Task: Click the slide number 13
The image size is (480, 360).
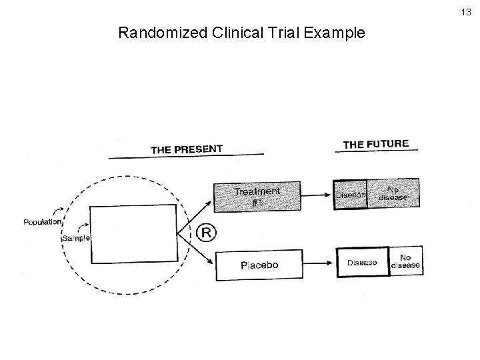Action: click(x=466, y=11)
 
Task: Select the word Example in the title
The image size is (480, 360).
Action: click(x=335, y=32)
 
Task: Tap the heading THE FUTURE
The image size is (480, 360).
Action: click(x=375, y=143)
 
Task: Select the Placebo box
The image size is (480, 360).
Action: click(x=259, y=265)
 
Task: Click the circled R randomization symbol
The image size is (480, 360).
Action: click(x=207, y=233)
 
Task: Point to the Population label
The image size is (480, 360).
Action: click(x=43, y=222)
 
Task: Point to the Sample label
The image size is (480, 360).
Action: click(x=75, y=238)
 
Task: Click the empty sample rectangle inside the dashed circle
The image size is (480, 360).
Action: click(x=134, y=233)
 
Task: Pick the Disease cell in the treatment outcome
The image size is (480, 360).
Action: click(x=350, y=195)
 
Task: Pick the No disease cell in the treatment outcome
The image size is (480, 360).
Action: click(x=393, y=193)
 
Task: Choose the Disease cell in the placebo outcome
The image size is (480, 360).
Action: click(x=362, y=263)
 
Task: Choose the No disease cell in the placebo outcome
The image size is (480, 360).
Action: click(x=405, y=261)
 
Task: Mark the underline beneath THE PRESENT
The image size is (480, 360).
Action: click(x=186, y=157)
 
